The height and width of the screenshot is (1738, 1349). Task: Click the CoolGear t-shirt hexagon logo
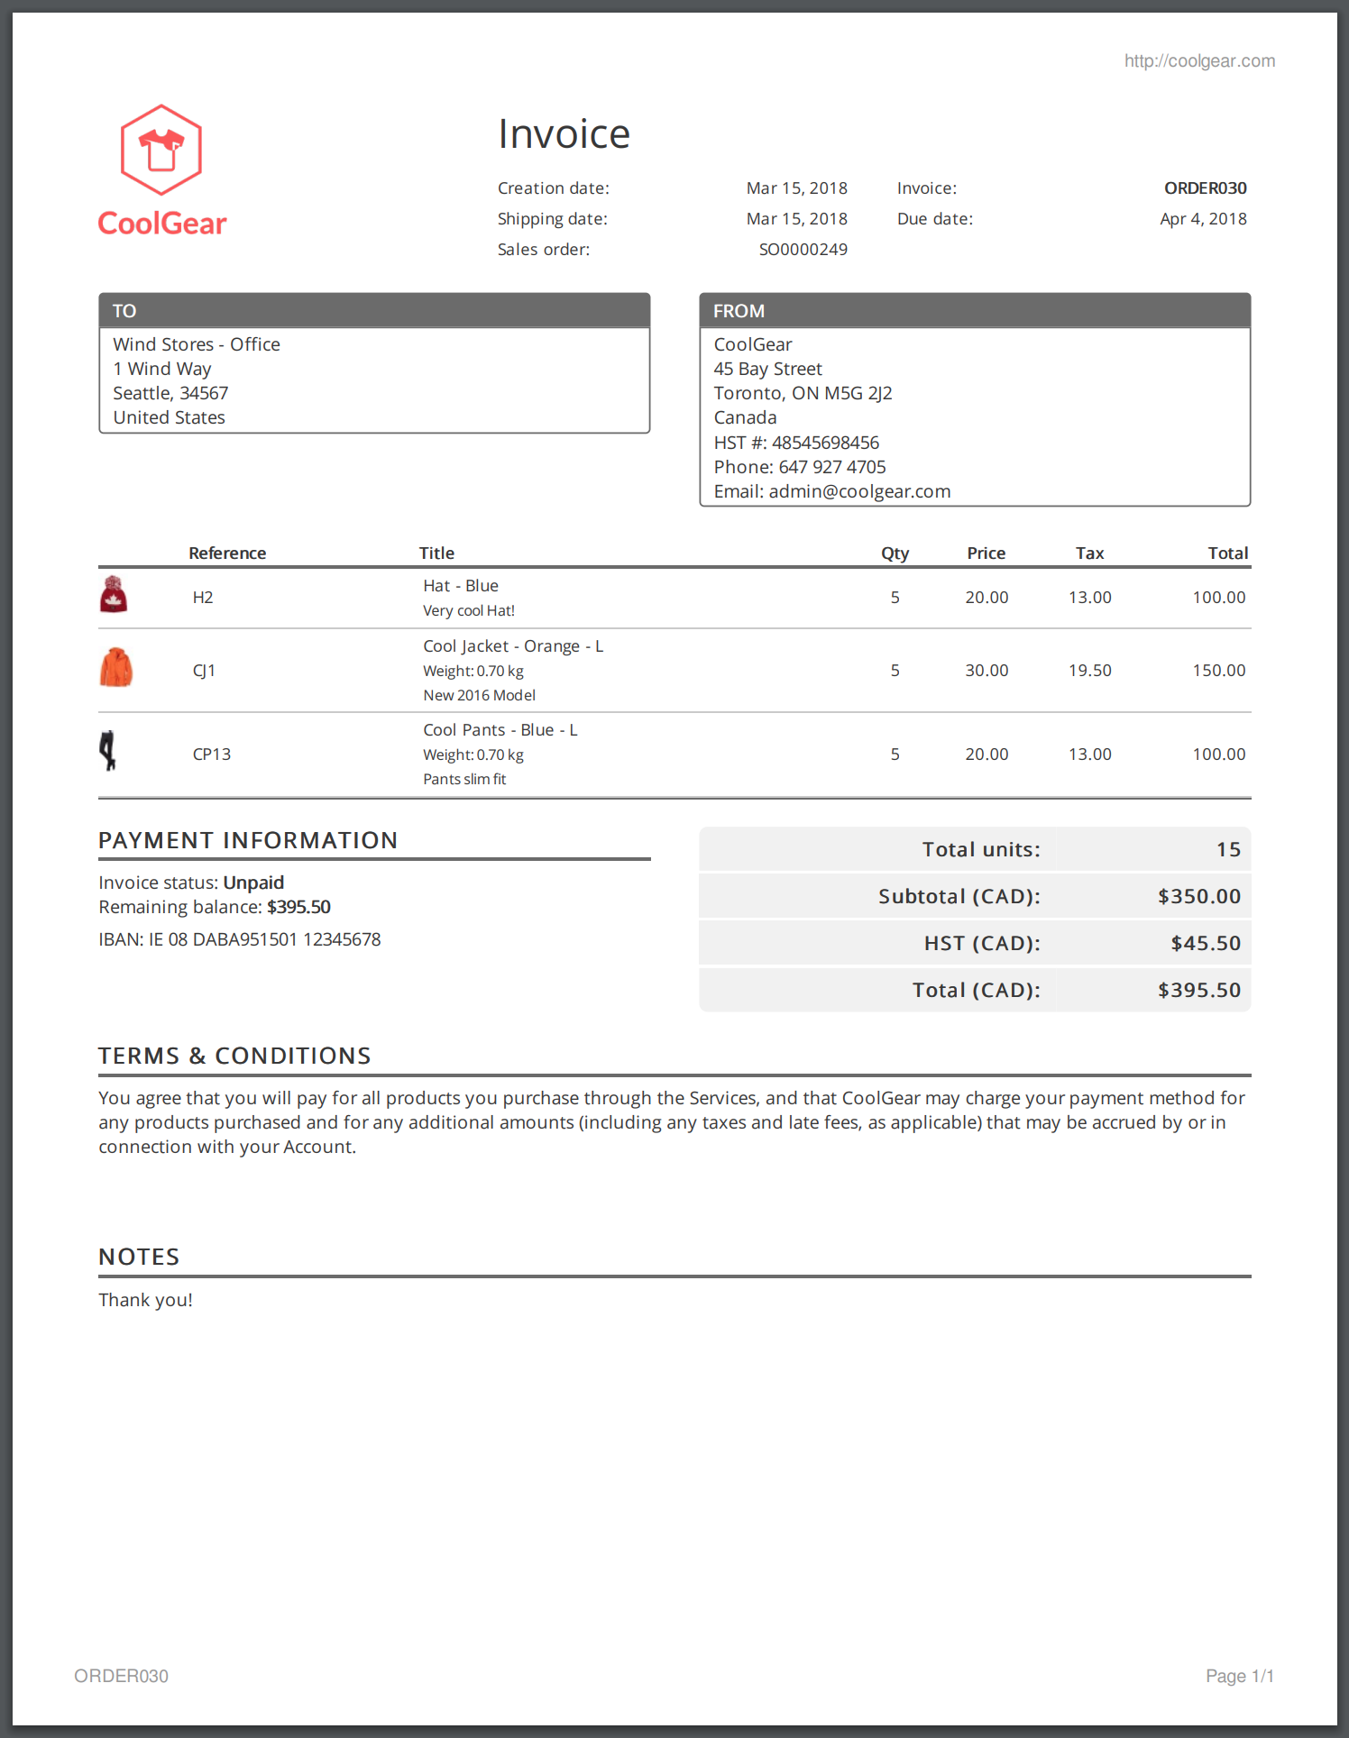[161, 150]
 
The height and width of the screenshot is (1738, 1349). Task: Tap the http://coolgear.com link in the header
[1199, 61]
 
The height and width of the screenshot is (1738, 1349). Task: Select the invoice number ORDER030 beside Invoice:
[1205, 188]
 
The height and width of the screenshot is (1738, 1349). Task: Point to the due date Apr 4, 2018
[1203, 219]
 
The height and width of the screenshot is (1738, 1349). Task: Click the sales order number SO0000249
[803, 250]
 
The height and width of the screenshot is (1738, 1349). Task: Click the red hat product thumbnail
[114, 595]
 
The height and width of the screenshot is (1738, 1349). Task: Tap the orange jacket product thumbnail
[115, 668]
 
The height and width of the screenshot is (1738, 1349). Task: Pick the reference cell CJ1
[204, 671]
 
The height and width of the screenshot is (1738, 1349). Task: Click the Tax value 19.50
[1089, 671]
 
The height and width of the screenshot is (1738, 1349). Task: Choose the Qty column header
[895, 553]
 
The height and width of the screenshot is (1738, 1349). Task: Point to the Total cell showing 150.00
[1218, 671]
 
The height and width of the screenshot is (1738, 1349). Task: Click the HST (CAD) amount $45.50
[1206, 943]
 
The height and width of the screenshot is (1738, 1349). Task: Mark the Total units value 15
[1228, 849]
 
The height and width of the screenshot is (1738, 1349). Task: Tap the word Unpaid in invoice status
[253, 883]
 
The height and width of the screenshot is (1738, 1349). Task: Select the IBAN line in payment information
[240, 939]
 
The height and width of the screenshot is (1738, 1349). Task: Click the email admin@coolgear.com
[859, 491]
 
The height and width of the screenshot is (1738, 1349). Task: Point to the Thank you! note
[145, 1300]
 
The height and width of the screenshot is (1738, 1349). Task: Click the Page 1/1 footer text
[1240, 1676]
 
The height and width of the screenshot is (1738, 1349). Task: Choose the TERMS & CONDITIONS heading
[234, 1056]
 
